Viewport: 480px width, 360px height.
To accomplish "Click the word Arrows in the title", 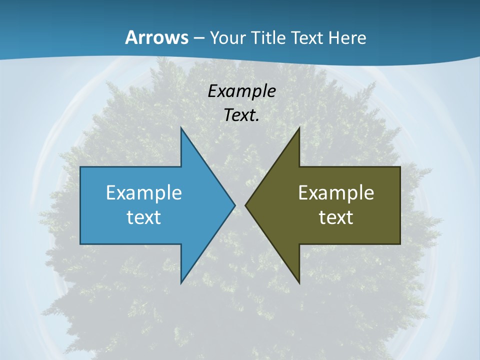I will tap(156, 37).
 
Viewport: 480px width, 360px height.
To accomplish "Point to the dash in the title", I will tap(198, 38).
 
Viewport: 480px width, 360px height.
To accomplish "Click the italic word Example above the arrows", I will tap(241, 91).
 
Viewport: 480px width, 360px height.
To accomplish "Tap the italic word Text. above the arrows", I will tap(241, 115).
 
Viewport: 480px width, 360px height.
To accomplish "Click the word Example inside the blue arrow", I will tap(144, 192).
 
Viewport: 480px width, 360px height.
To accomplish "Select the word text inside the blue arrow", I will tap(144, 217).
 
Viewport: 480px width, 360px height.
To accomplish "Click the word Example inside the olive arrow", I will tap(336, 192).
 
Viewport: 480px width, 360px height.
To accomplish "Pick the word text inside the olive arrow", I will tap(336, 217).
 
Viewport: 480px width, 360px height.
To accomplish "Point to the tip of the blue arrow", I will tap(234, 205).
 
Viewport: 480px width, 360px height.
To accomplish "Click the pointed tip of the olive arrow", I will tap(245, 205).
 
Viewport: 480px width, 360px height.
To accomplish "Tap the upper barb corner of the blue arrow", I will tap(181, 128).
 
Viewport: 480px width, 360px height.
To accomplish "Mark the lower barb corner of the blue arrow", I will tap(181, 283).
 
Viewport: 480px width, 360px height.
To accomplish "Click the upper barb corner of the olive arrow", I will tap(299, 128).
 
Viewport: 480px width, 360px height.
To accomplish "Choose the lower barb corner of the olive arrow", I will tap(299, 283).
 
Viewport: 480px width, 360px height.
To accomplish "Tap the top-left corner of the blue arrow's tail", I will tap(80, 167).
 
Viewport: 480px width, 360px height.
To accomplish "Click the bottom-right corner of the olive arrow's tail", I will tap(400, 244).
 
